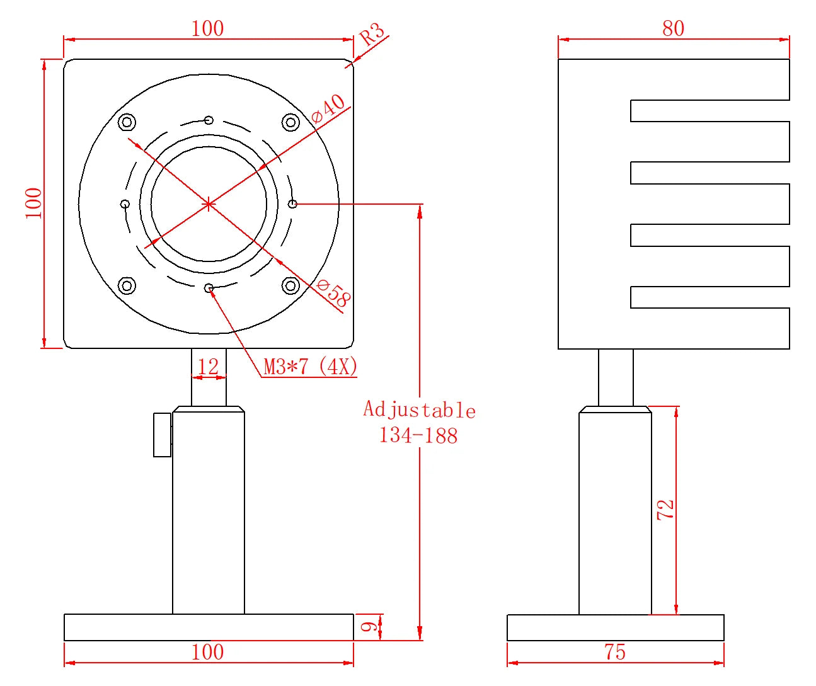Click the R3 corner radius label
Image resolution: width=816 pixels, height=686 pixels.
pyautogui.click(x=372, y=35)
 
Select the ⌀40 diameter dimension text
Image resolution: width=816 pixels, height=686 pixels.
pyautogui.click(x=328, y=108)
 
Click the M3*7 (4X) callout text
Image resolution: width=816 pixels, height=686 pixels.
pyautogui.click(x=310, y=366)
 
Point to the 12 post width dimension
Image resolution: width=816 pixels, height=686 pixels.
pyautogui.click(x=208, y=367)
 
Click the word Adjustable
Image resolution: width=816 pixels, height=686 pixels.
pyautogui.click(x=419, y=410)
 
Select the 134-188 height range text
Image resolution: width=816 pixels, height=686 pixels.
pyautogui.click(x=418, y=435)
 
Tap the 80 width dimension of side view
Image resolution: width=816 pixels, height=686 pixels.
pyautogui.click(x=673, y=28)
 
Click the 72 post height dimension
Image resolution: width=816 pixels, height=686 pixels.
pyautogui.click(x=665, y=510)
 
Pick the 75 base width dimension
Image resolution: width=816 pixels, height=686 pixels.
pyautogui.click(x=615, y=652)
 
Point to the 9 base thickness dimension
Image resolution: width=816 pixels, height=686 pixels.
pyautogui.click(x=369, y=627)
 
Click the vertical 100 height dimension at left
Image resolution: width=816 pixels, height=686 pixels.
pyautogui.click(x=33, y=203)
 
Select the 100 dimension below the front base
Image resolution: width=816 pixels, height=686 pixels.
pyautogui.click(x=207, y=652)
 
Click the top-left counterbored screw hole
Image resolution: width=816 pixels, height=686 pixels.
pyautogui.click(x=127, y=122)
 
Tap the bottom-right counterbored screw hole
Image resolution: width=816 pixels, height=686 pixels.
pyautogui.click(x=290, y=286)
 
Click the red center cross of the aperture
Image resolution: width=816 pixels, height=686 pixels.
pyautogui.click(x=209, y=204)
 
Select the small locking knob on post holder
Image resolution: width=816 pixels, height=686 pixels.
pyautogui.click(x=163, y=435)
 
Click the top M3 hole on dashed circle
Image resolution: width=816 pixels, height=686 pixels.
pyautogui.click(x=209, y=120)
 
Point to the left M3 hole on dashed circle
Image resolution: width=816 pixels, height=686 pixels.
pyautogui.click(x=125, y=204)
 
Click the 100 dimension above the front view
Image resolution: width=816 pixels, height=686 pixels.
pyautogui.click(x=207, y=28)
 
